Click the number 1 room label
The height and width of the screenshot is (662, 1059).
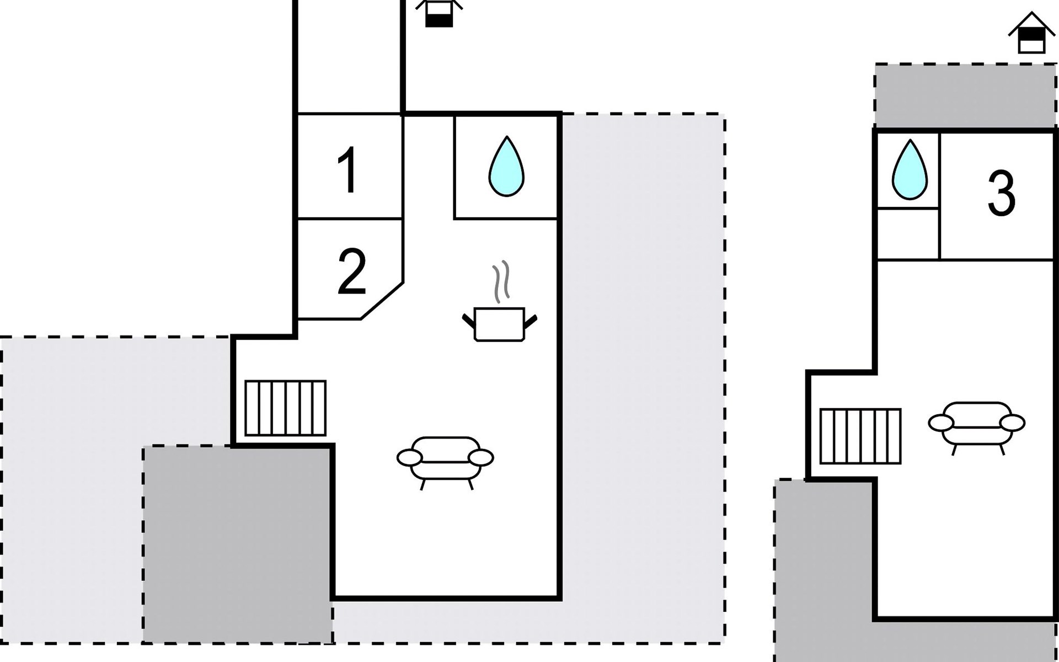tap(348, 170)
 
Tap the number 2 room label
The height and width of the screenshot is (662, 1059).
tap(351, 271)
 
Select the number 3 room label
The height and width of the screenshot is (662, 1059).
tap(1001, 193)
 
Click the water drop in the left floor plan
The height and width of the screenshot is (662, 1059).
tap(506, 167)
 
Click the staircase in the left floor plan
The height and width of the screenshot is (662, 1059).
tap(285, 408)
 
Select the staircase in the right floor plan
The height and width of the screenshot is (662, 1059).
tap(860, 436)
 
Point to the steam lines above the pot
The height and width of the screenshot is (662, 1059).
tap(501, 281)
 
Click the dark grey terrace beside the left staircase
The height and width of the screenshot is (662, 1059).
tap(237, 543)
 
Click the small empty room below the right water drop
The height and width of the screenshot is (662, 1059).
tap(908, 234)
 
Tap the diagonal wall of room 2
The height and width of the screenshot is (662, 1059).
tap(382, 301)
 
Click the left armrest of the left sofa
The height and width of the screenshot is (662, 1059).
tap(409, 457)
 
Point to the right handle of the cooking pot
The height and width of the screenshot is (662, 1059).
tap(531, 321)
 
